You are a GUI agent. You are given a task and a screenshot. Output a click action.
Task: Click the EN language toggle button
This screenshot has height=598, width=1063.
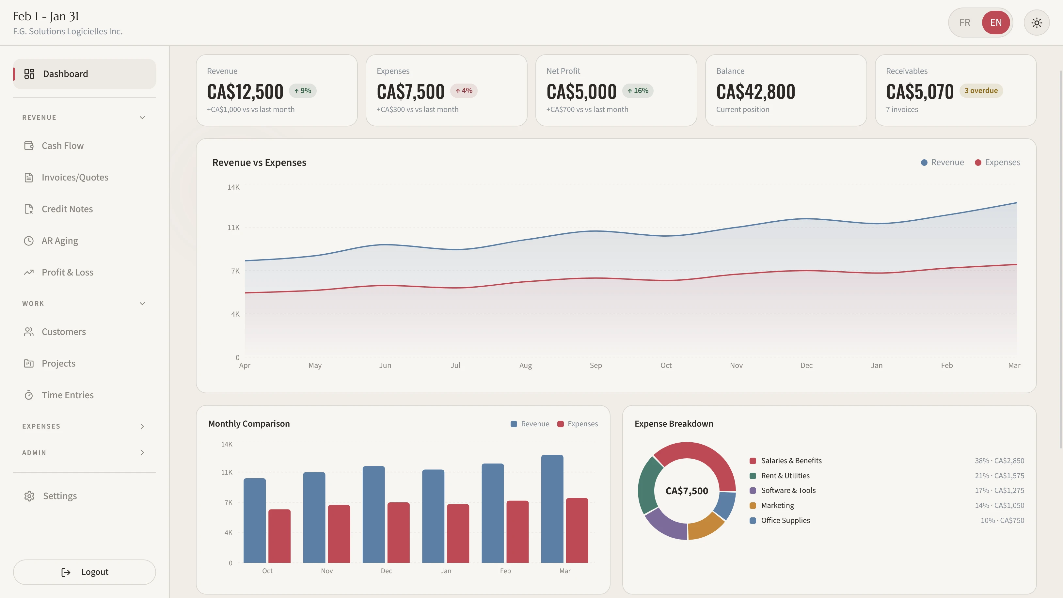[x=995, y=23]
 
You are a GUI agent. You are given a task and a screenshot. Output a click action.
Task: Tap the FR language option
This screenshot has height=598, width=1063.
[x=964, y=23]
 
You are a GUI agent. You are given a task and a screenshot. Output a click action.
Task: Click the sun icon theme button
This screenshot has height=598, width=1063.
[x=1036, y=23]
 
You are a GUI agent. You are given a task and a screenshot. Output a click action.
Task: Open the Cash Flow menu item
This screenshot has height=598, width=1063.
[x=62, y=146]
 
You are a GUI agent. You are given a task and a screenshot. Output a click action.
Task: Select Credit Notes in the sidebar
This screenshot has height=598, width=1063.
[x=67, y=209]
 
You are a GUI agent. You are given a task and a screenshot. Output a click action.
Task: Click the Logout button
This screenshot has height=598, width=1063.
[x=84, y=572]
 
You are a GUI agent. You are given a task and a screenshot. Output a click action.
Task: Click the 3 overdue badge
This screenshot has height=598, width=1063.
[x=980, y=91]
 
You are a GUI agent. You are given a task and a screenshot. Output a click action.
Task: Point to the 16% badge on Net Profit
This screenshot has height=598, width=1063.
[x=638, y=91]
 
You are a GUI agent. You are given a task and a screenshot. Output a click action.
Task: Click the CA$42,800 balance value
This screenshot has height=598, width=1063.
[x=755, y=92]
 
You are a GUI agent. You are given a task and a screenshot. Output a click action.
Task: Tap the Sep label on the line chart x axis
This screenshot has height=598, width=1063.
[x=595, y=365]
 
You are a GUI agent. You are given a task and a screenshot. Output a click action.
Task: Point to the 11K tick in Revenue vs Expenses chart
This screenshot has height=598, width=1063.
[x=233, y=228]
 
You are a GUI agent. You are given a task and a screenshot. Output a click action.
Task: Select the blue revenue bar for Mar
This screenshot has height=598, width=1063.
[x=552, y=509]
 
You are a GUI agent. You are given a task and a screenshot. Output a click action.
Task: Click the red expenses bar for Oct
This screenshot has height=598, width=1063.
[x=279, y=536]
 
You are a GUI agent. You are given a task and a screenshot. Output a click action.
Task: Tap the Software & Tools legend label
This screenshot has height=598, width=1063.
[x=788, y=490]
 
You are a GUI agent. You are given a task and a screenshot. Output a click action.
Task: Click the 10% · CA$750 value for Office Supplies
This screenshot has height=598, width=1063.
[x=1002, y=520]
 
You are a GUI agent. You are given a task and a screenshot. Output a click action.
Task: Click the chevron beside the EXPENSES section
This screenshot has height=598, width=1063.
[x=142, y=426]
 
